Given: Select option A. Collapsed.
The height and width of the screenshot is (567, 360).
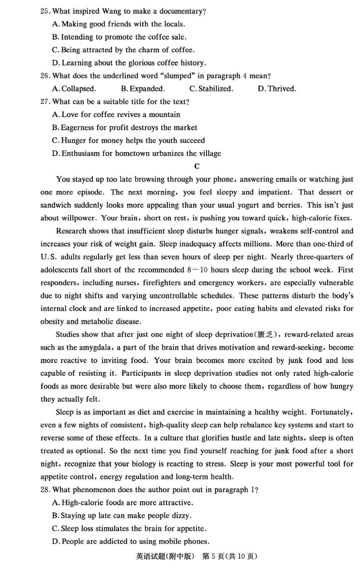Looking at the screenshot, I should pos(74,89).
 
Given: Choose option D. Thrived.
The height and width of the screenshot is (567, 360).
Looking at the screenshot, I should pos(277,89).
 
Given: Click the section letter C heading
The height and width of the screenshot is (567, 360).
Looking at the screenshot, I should pos(197,166).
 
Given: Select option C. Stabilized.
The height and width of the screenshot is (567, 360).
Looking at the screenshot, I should pos(211,89).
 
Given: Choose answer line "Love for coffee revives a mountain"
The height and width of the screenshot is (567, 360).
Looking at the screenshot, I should pos(120,115).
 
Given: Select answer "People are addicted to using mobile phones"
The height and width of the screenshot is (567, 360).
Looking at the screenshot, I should pos(135,542).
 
